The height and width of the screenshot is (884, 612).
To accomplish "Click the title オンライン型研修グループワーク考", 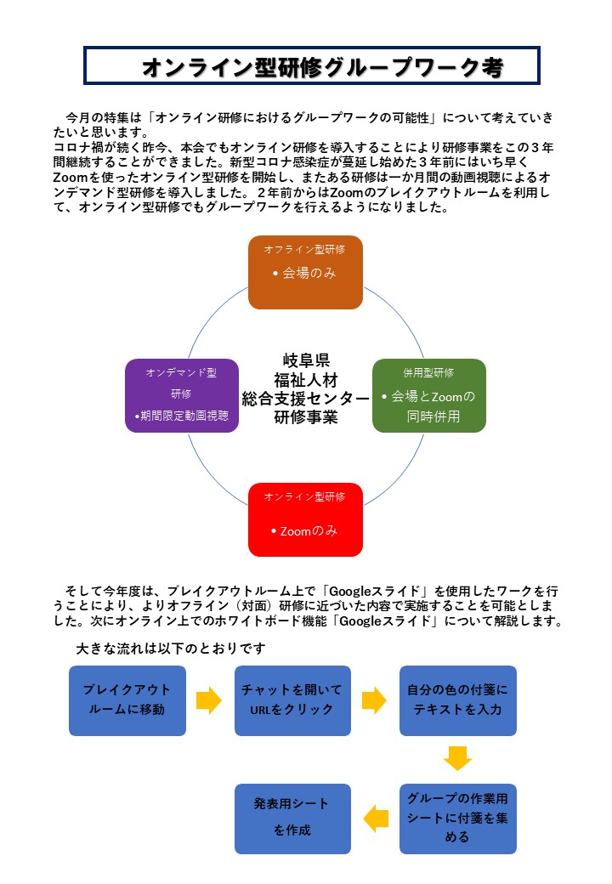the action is coord(322,67).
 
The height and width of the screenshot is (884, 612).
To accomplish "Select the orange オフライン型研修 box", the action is coord(305,272).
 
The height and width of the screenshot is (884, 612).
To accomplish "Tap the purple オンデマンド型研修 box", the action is coord(182,395).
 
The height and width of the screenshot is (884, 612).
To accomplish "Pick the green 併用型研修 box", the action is coord(429,395).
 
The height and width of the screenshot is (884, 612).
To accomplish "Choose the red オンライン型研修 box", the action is coord(305,519).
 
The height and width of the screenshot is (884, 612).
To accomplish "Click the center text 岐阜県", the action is coord(306,360).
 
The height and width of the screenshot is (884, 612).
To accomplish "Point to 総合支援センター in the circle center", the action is coord(306,399).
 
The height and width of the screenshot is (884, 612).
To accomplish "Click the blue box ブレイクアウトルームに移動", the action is coord(127,700).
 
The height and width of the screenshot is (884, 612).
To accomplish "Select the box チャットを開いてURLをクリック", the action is coord(292,700).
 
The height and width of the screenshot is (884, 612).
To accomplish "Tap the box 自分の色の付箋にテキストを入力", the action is coord(457,700).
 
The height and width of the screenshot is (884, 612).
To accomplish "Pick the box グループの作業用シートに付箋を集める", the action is coord(457,819).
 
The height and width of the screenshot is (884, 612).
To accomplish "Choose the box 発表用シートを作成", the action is coord(292,819).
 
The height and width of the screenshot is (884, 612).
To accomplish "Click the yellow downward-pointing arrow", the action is coord(457,758).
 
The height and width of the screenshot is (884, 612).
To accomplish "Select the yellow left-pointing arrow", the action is coord(376,819).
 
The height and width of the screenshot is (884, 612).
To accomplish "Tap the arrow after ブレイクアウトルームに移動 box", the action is coord(209,700).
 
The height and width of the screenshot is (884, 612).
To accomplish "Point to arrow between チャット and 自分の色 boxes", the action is coord(374,700).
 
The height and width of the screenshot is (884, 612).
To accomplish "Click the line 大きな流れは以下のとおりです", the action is coord(171,649).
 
